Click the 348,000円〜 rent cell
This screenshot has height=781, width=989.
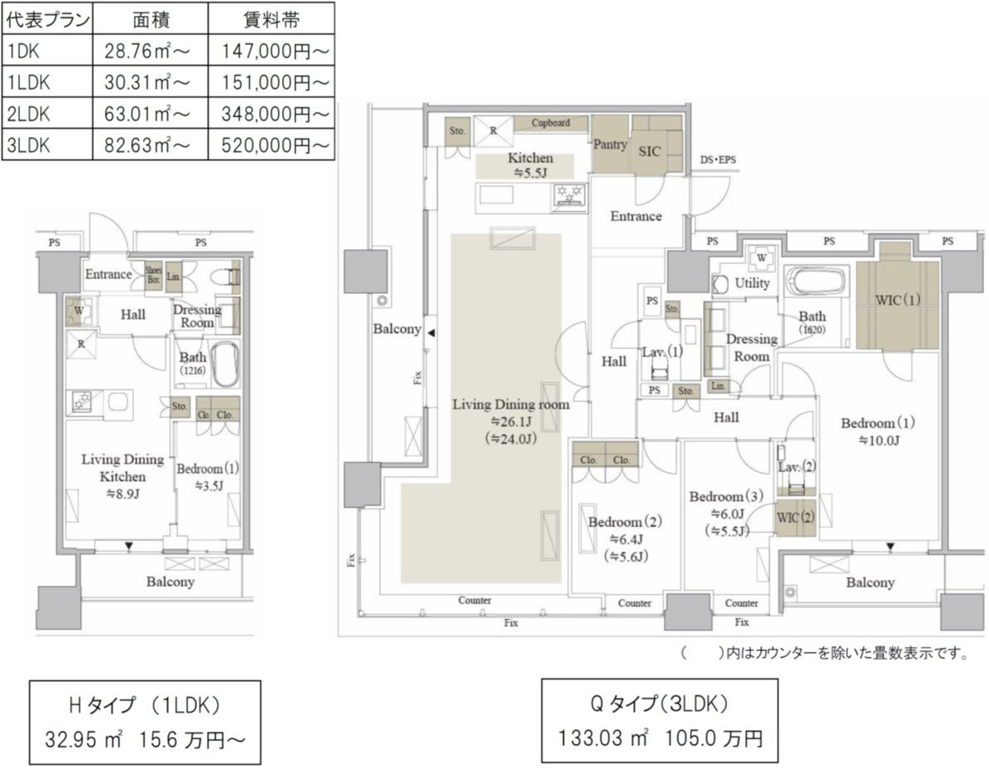tap(274, 112)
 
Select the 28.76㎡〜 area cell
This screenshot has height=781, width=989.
tap(148, 51)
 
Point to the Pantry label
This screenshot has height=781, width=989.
tap(610, 144)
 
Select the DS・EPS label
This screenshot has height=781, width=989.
tap(718, 160)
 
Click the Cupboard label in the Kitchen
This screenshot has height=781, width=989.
tap(551, 123)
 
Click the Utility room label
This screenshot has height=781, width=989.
tap(752, 283)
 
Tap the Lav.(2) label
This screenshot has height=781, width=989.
tap(796, 467)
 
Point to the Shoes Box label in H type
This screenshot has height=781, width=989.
tap(154, 275)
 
